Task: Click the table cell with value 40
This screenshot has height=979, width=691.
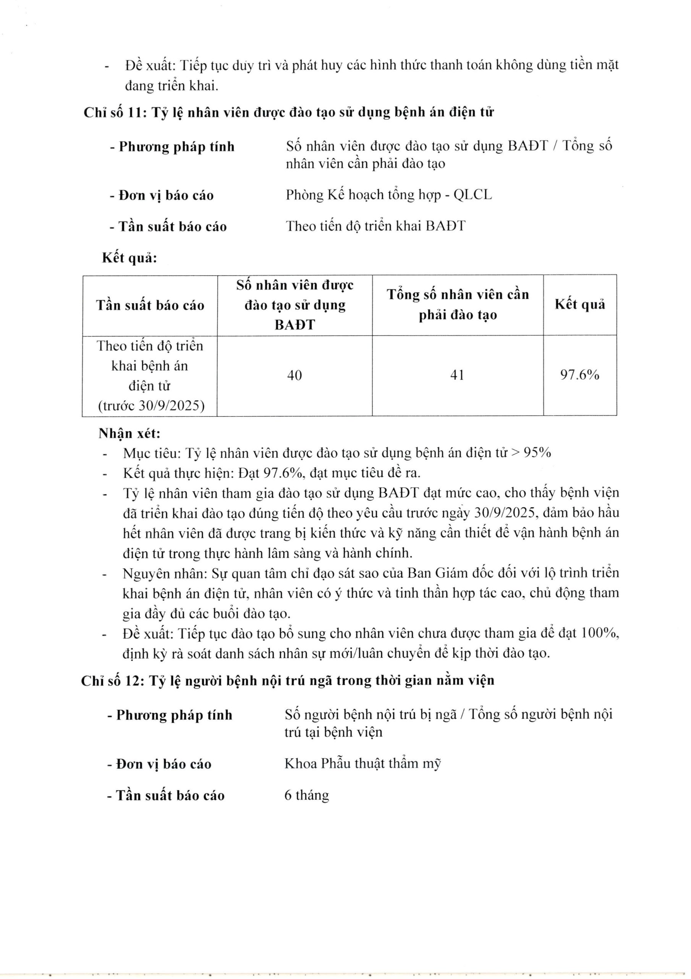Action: pos(295,375)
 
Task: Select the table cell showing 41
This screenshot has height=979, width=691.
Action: pos(457,375)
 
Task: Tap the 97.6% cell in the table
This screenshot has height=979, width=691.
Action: pos(579,375)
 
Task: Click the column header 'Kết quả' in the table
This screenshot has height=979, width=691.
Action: pos(579,304)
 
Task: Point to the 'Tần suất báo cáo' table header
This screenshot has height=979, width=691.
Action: pos(150,305)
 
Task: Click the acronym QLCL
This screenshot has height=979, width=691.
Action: pos(473,195)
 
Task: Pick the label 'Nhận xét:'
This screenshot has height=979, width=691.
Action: pos(129,434)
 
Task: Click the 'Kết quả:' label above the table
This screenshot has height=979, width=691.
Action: pos(129,258)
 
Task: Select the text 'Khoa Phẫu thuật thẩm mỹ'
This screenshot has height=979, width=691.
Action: pos(362,764)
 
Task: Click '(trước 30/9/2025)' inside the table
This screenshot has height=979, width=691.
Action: pos(151,405)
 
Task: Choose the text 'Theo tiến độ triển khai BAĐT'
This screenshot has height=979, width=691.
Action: pos(376,226)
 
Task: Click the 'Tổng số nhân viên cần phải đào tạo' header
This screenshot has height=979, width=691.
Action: pos(458,304)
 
